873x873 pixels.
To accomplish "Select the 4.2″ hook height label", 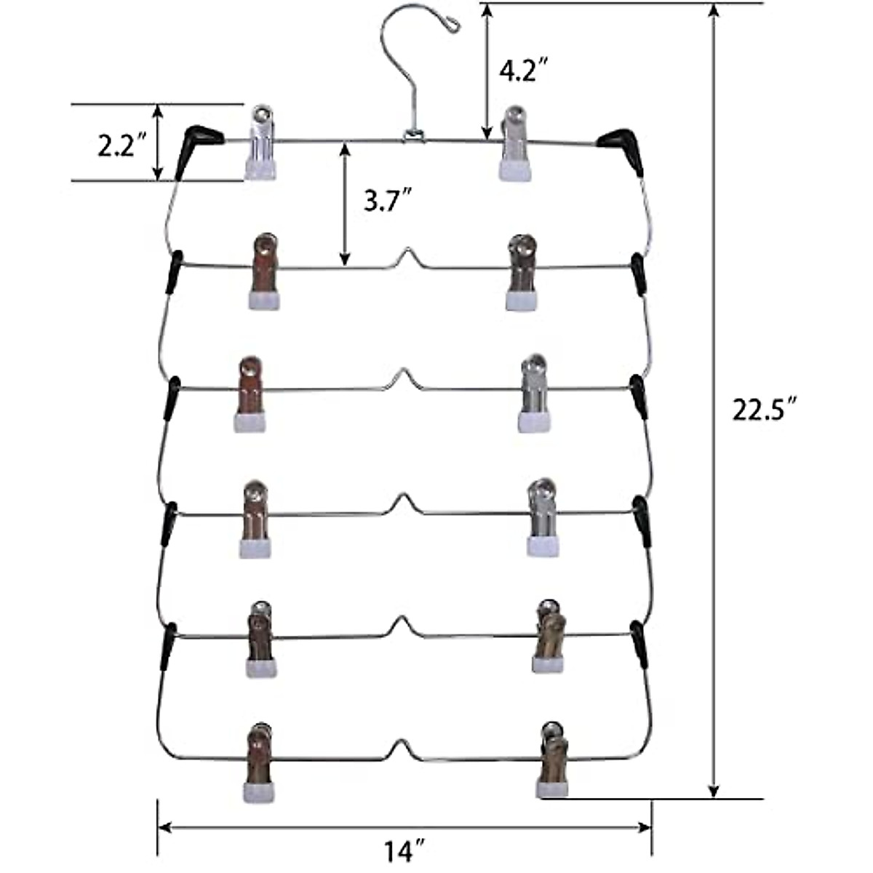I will click(x=523, y=72).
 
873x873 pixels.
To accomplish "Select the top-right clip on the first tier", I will click(x=515, y=143).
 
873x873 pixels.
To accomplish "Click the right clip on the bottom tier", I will click(x=553, y=760).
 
